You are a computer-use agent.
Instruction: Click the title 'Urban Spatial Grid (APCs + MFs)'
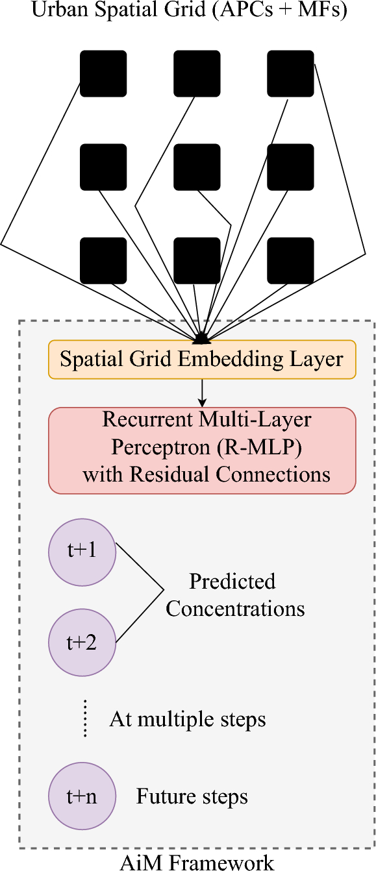pyautogui.click(x=188, y=11)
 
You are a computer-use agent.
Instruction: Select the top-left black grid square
pyautogui.click(x=103, y=73)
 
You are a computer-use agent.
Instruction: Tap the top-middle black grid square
pyautogui.click(x=197, y=73)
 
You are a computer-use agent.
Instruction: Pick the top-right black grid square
pyautogui.click(x=290, y=73)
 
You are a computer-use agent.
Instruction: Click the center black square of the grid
pyautogui.click(x=197, y=167)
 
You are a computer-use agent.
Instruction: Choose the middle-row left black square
pyautogui.click(x=103, y=167)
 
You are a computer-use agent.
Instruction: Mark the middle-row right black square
pyautogui.click(x=290, y=167)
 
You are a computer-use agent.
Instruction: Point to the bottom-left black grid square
pyautogui.click(x=103, y=260)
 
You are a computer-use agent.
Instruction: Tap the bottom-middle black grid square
pyautogui.click(x=197, y=260)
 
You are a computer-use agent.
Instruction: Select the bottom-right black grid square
pyautogui.click(x=290, y=260)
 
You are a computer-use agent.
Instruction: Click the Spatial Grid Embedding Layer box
pyautogui.click(x=202, y=360)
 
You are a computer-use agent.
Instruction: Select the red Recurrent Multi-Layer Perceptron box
pyautogui.click(x=202, y=450)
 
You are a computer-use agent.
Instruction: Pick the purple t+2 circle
pyautogui.click(x=82, y=643)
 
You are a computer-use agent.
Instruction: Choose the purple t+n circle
pyautogui.click(x=82, y=796)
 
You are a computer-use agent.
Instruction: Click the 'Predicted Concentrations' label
pyautogui.click(x=234, y=595)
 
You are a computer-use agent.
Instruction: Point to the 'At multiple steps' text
pyautogui.click(x=188, y=719)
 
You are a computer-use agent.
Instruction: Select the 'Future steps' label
pyautogui.click(x=192, y=796)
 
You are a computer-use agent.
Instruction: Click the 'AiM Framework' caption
pyautogui.click(x=197, y=862)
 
